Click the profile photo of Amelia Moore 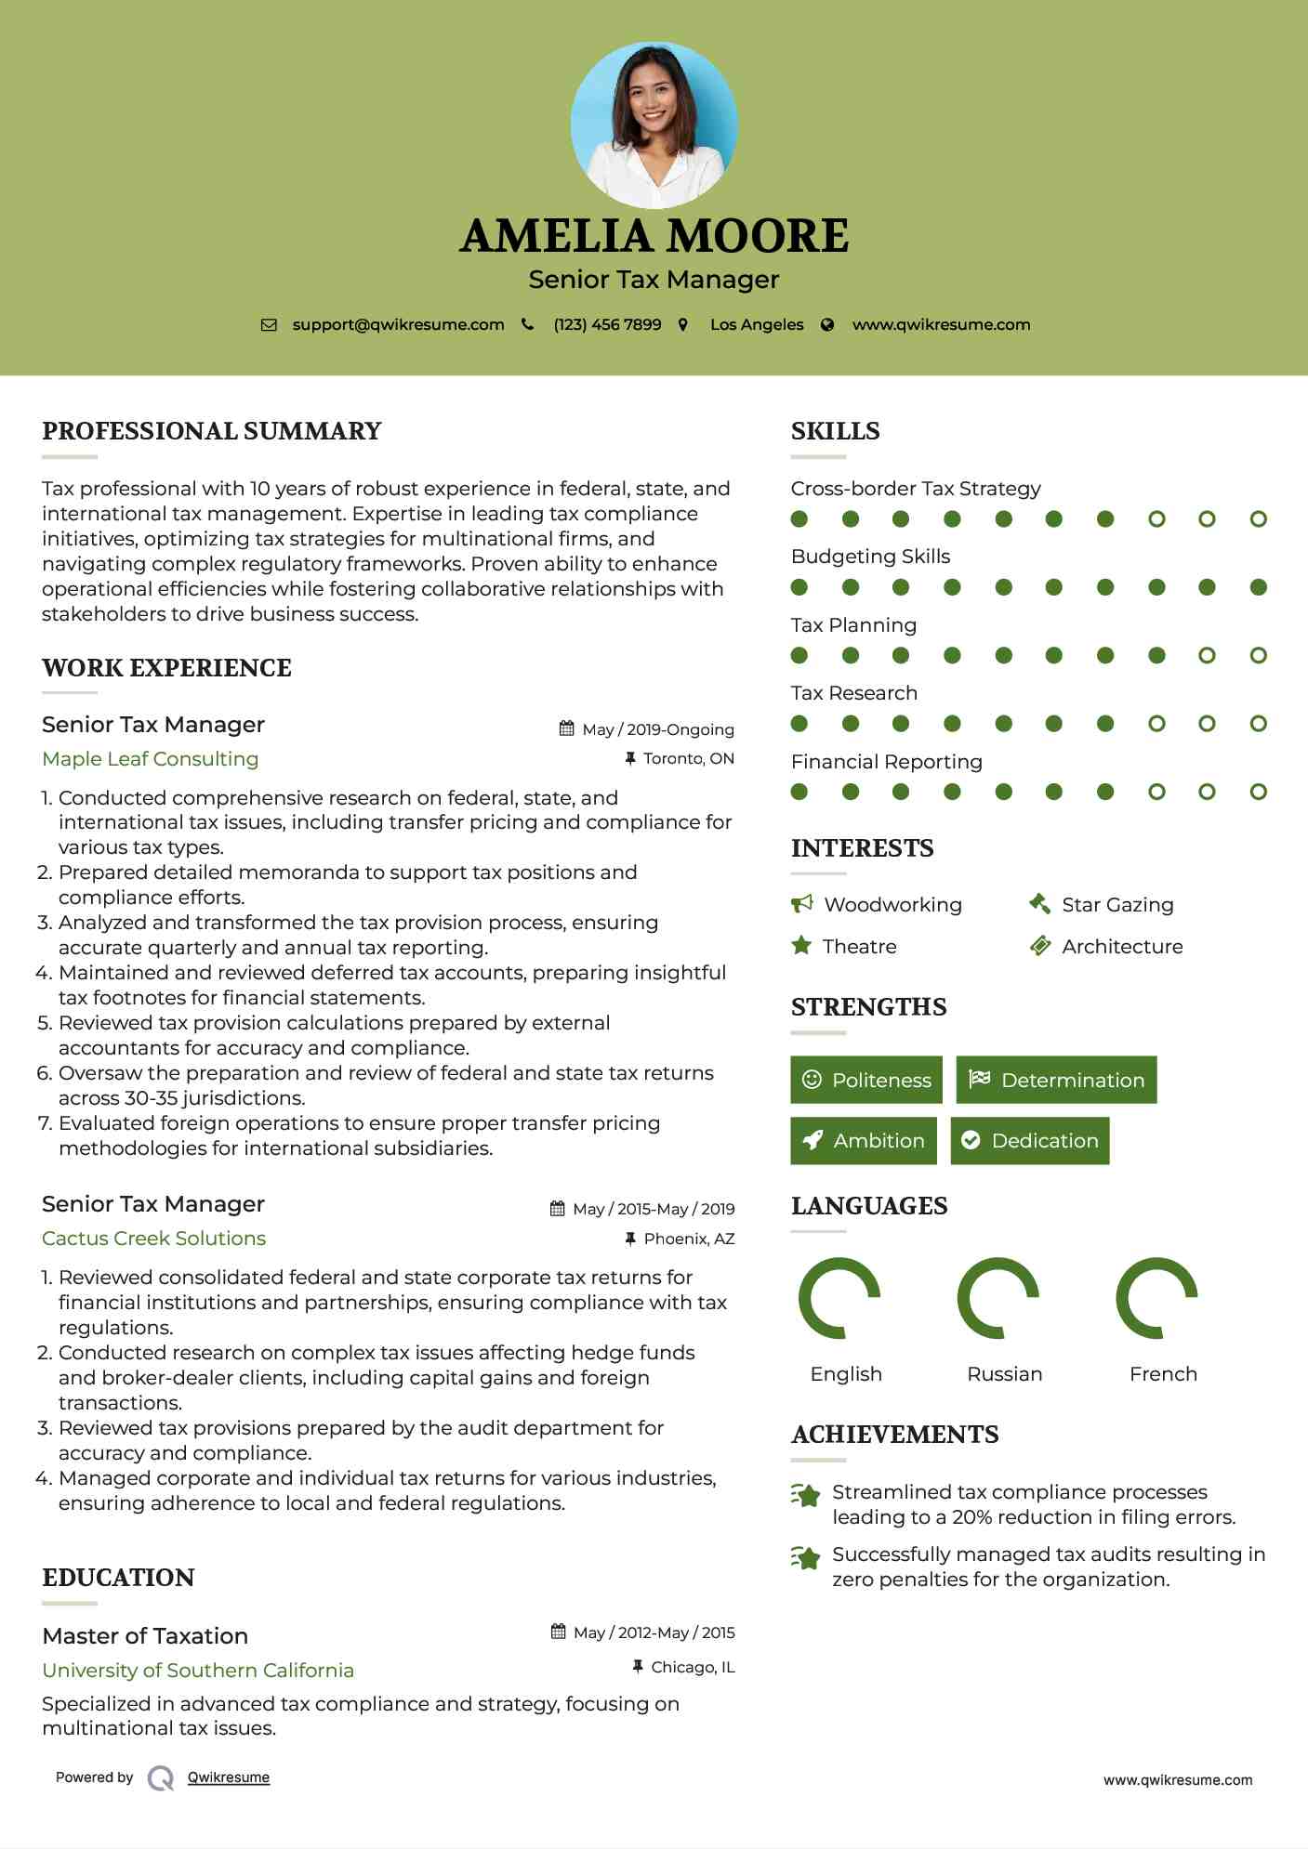654,125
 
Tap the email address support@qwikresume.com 398,325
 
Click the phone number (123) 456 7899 607,325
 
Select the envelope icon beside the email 269,325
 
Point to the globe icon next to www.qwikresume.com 827,325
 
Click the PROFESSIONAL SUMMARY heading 212,431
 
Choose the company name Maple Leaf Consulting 151,759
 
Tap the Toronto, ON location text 688,759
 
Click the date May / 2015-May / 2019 653,1209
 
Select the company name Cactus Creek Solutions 154,1239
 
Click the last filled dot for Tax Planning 1156,656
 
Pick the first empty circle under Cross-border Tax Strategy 1156,519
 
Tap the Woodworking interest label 892,905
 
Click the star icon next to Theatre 800,946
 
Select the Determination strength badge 1056,1080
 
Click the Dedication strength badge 1030,1141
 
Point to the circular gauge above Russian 998,1298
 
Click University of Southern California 198,1671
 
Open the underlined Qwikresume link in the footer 229,1777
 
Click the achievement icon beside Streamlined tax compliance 805,1496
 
